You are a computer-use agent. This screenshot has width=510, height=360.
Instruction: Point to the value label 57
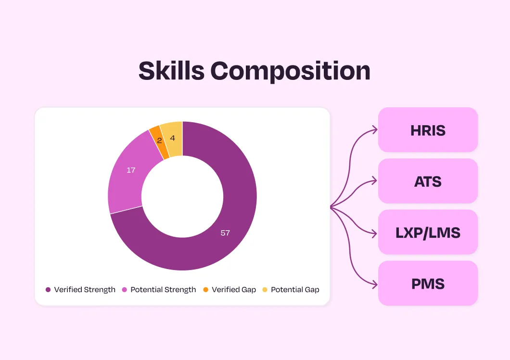pyautogui.click(x=225, y=233)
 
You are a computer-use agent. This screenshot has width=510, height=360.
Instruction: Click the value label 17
pyautogui.click(x=131, y=170)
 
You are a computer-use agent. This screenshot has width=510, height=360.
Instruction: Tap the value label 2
pyautogui.click(x=159, y=141)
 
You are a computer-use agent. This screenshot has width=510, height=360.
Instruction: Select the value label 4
pyautogui.click(x=172, y=138)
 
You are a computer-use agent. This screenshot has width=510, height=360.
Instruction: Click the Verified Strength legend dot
pyautogui.click(x=48, y=290)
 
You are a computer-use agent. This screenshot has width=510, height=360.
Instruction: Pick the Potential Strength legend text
pyautogui.click(x=163, y=290)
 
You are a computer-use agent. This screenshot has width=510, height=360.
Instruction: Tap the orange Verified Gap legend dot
pyautogui.click(x=205, y=290)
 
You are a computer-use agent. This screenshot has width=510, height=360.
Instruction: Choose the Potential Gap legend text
pyautogui.click(x=295, y=290)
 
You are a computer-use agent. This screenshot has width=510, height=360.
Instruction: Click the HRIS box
pyautogui.click(x=428, y=130)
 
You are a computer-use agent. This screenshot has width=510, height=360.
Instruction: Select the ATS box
pyautogui.click(x=428, y=181)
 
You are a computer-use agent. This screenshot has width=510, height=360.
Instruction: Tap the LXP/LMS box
pyautogui.click(x=428, y=232)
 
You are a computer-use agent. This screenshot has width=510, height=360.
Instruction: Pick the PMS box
pyautogui.click(x=428, y=283)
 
